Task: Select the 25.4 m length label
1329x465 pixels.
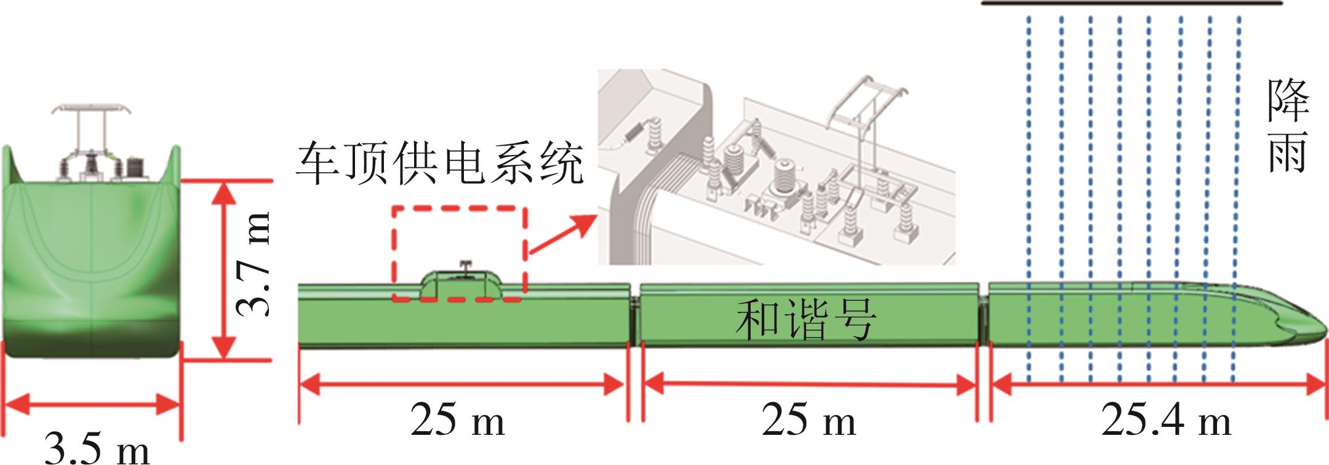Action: coord(1165,422)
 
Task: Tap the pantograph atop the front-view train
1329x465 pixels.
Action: coord(91,111)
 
